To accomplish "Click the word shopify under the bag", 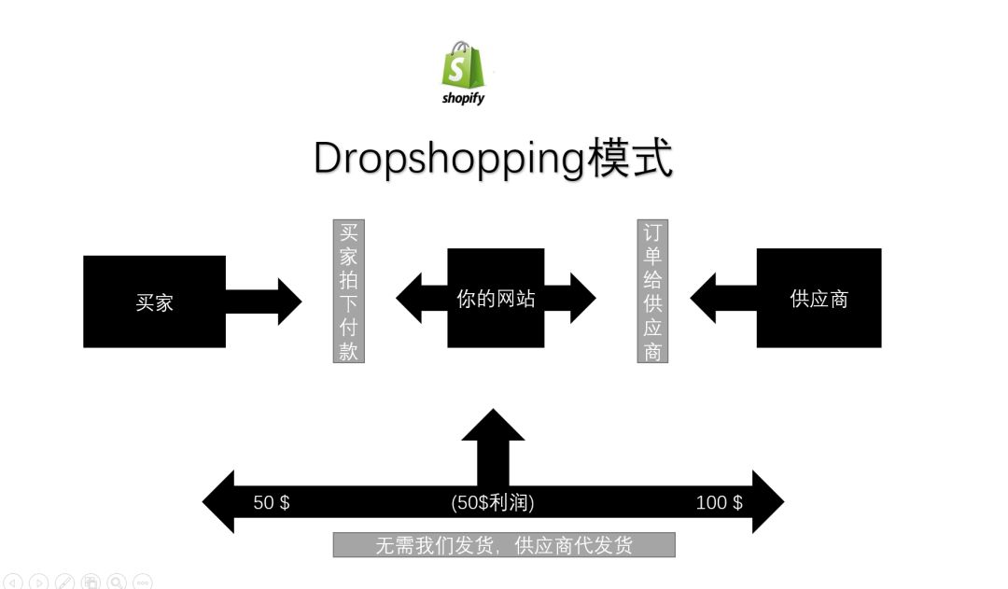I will coord(464,97).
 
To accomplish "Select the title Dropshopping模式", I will coord(493,158).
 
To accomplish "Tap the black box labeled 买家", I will coord(154,302).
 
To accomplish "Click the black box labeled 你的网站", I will coord(496,299).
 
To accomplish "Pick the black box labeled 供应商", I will coord(819,299).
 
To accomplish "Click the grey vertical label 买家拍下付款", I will coord(349,290).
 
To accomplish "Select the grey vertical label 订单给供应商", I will coord(652,290).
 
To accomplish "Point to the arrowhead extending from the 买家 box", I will coord(288,301).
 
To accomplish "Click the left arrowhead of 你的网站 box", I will coord(411,299).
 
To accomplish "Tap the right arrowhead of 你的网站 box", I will coord(581,299).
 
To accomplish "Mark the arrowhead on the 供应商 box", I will coord(704,299).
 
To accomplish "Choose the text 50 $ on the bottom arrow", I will coord(272,502).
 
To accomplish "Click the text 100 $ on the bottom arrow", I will coord(720,502).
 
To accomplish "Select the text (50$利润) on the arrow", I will coord(493,502).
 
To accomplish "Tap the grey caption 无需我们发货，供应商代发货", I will coord(504,544).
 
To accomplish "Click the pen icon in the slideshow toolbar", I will coord(64,582).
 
